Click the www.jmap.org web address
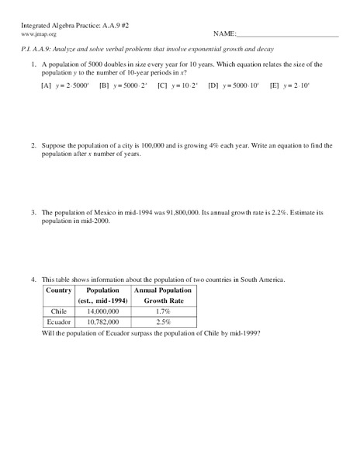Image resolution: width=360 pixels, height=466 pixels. (38, 34)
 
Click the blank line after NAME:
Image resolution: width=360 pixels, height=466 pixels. (287, 36)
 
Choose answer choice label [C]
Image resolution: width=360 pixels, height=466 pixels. (162, 85)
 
